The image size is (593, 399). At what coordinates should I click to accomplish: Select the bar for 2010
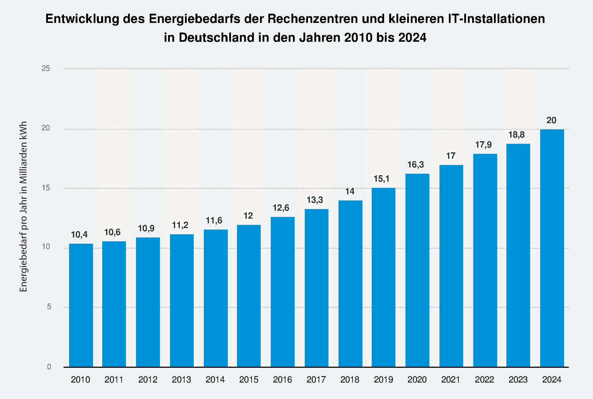81,305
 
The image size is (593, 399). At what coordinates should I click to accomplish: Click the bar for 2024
552,248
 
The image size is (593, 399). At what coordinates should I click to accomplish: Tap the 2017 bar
316,288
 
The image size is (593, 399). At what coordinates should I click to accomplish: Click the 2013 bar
182,301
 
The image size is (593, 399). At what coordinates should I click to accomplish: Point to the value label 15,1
382,179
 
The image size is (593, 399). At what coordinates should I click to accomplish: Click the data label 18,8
516,135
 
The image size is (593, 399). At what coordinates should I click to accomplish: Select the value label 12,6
281,208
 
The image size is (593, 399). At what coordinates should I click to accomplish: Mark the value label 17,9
483,145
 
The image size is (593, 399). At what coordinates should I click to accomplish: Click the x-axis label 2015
249,380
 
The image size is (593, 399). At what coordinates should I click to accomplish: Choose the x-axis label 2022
484,380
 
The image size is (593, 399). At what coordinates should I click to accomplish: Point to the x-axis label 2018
350,380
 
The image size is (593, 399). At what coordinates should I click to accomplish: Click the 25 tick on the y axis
46,68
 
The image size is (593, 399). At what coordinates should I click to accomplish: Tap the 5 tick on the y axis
49,307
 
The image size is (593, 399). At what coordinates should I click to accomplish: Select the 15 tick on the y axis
46,188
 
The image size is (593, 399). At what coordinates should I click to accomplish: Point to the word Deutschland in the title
216,38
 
